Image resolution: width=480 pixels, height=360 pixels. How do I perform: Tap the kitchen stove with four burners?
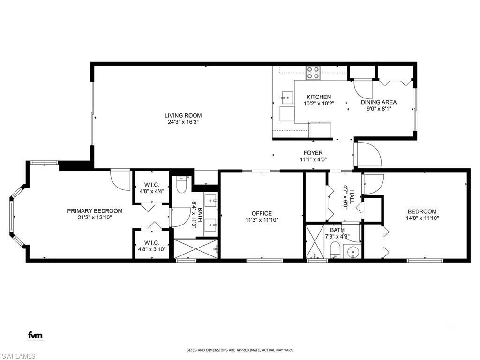coord(313,72)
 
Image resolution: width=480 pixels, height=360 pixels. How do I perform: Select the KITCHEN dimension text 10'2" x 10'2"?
coord(319,104)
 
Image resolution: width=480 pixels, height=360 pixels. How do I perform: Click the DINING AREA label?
coord(379,102)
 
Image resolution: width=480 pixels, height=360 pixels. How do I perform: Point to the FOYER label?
coord(313,153)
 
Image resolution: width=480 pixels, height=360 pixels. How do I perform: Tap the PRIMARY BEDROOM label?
coord(95,211)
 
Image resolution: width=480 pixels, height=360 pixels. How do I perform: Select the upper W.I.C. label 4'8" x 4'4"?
coord(151,191)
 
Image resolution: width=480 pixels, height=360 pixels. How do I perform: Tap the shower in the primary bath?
coord(196,248)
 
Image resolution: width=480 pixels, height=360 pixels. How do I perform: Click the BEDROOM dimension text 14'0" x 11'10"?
coord(422,217)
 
